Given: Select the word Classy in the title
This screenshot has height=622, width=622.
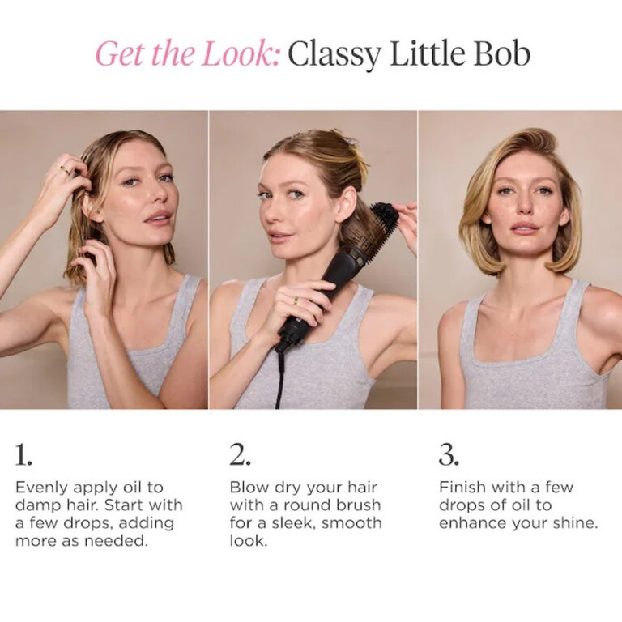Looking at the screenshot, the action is click(x=334, y=55).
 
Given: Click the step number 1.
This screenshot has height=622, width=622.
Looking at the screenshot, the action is click(x=23, y=454).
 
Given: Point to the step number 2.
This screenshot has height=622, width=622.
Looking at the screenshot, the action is click(x=240, y=454).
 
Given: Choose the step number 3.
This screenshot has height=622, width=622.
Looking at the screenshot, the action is click(x=449, y=454).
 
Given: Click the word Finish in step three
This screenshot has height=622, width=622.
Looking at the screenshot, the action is click(x=462, y=487).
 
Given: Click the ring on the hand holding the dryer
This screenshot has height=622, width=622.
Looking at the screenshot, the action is click(x=296, y=301).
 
